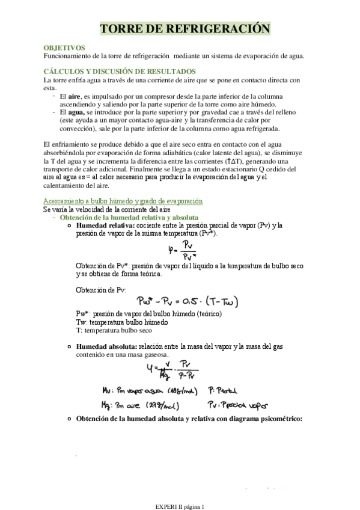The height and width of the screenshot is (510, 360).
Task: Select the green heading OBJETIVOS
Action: tap(64, 48)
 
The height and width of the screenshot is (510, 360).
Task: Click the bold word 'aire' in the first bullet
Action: tap(75, 96)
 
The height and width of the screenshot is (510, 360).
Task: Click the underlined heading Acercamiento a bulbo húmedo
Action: tap(123, 201)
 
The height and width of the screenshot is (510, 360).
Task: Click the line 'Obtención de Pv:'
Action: tap(100, 289)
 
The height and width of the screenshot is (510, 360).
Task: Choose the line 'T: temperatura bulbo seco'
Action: tap(114, 330)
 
